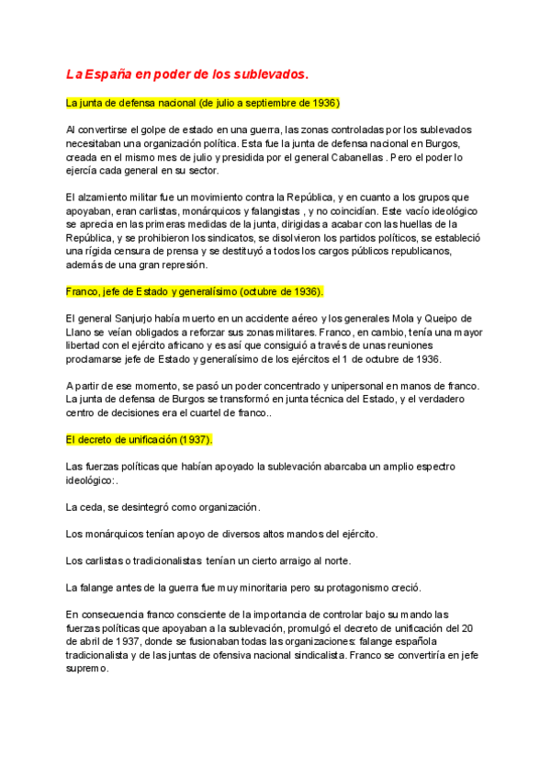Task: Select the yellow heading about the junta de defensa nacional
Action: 203,102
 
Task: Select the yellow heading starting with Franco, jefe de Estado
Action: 195,291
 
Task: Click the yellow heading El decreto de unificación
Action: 140,440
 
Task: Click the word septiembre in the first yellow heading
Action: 279,102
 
